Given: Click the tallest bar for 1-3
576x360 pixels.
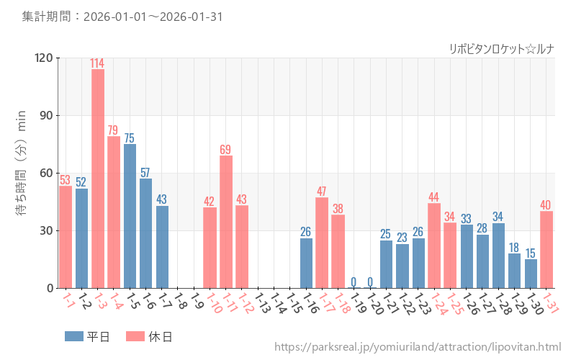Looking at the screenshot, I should [98, 179].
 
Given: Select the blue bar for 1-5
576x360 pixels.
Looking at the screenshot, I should [130, 216].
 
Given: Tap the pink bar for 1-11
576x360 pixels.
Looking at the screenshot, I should [226, 222].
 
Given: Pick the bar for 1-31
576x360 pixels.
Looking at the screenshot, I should [546, 249].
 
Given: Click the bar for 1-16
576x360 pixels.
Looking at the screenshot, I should [306, 263].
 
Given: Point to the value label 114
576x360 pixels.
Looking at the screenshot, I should [97, 63].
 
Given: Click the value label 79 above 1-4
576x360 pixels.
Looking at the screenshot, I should [114, 130].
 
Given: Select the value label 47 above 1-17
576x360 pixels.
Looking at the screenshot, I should [322, 192].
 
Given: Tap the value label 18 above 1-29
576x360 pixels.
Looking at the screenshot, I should [514, 248].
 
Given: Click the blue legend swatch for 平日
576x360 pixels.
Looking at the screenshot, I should [74, 336].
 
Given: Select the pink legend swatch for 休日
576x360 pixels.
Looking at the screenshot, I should [135, 336].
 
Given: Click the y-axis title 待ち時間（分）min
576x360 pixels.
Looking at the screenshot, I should [22, 173].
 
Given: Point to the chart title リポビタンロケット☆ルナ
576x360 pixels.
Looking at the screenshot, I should [501, 49].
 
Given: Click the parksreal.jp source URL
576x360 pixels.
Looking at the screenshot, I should [418, 347].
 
